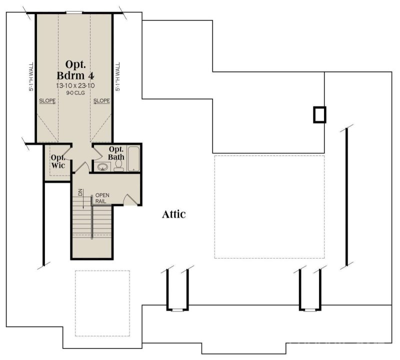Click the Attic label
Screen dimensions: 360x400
pos(174,214)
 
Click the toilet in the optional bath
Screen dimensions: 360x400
pos(118,167)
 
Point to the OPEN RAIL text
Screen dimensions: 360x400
pos(102,198)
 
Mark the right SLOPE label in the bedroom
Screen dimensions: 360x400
pos(101,100)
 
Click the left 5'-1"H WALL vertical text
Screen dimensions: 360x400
pos(31,76)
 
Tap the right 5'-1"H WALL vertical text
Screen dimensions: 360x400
pos(118,76)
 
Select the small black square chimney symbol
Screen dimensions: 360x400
pos(319,114)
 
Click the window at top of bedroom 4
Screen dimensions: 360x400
pos(74,12)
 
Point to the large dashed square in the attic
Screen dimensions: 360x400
pos(269,206)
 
